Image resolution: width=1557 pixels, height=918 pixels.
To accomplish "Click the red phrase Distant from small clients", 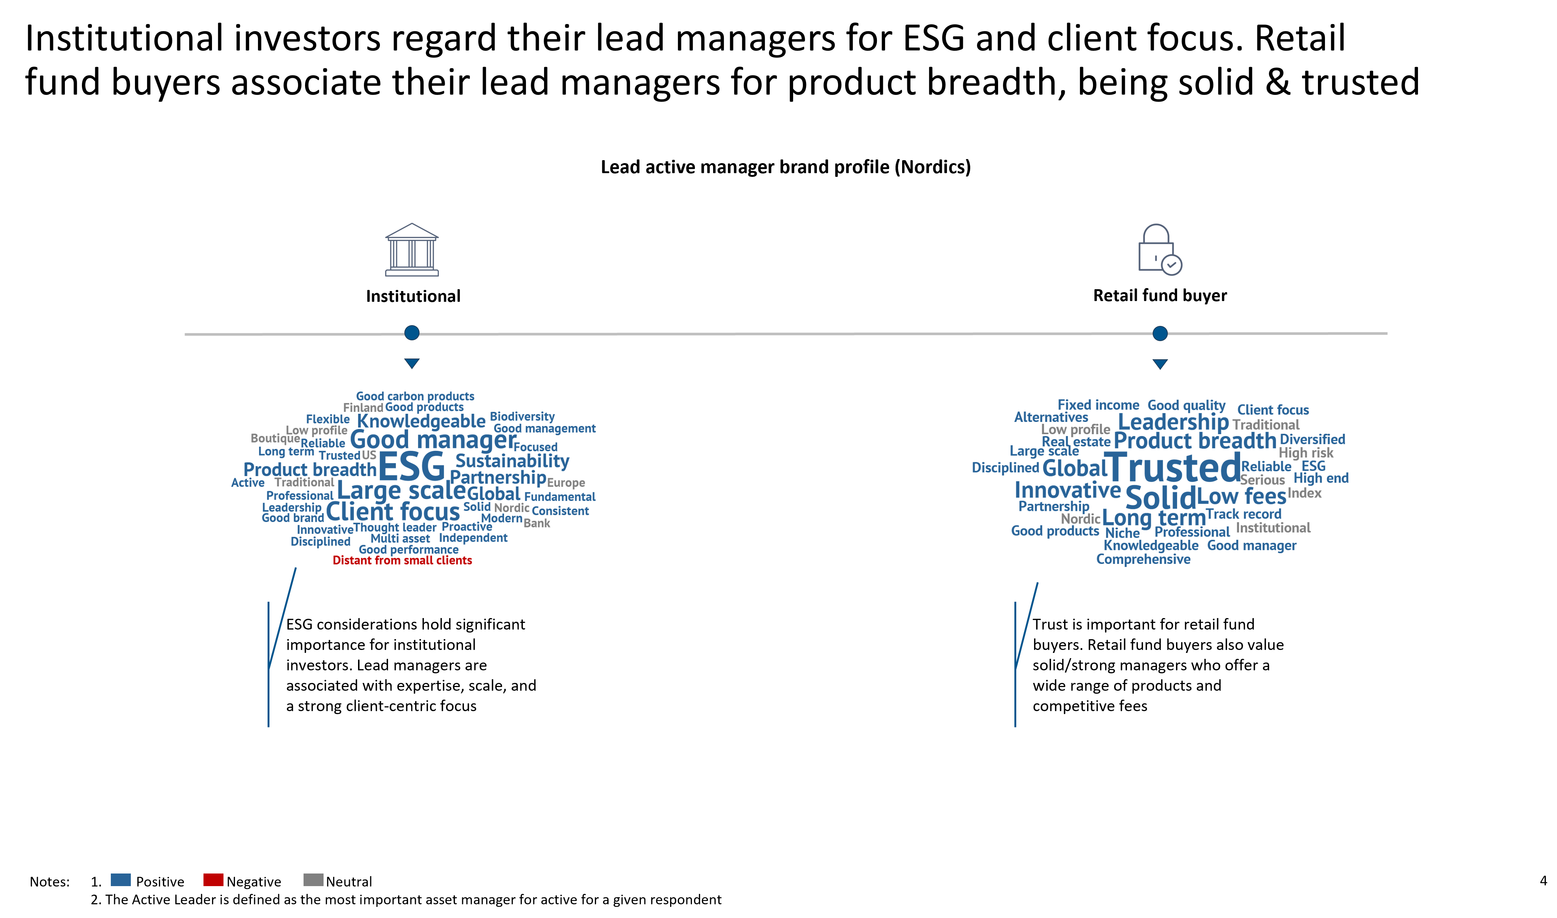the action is pyautogui.click(x=402, y=561).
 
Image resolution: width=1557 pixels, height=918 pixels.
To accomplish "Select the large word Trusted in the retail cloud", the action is pyautogui.click(x=1172, y=467).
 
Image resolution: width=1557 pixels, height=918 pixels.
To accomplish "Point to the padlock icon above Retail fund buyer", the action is pyautogui.click(x=1160, y=249).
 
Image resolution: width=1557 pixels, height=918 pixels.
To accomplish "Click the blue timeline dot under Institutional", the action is pyautogui.click(x=412, y=333).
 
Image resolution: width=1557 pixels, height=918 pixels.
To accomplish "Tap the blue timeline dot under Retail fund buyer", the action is pyautogui.click(x=1160, y=333).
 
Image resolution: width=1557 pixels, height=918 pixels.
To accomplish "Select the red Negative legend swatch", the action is pyautogui.click(x=213, y=880).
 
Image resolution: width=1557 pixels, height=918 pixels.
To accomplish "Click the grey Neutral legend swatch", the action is pyautogui.click(x=314, y=880).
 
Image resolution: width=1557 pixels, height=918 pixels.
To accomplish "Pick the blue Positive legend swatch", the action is pyautogui.click(x=120, y=880).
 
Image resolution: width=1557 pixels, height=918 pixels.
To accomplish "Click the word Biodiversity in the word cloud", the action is pyautogui.click(x=523, y=416).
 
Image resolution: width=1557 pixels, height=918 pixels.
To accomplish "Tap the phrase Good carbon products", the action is pyautogui.click(x=415, y=396).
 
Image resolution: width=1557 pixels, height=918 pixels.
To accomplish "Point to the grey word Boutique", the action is pyautogui.click(x=275, y=438).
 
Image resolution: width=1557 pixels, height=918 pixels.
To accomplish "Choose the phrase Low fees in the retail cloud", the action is pyautogui.click(x=1242, y=496).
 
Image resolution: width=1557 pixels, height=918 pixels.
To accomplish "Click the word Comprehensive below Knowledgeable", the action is pyautogui.click(x=1143, y=559).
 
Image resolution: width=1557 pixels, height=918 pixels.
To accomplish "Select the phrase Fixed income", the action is pyautogui.click(x=1098, y=405).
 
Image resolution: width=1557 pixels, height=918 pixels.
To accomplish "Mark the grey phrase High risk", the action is pyautogui.click(x=1306, y=453).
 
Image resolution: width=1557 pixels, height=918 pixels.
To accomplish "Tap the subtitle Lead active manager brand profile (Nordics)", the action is pyautogui.click(x=786, y=167).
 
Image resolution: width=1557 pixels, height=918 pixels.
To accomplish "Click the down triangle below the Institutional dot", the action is pyautogui.click(x=412, y=363).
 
